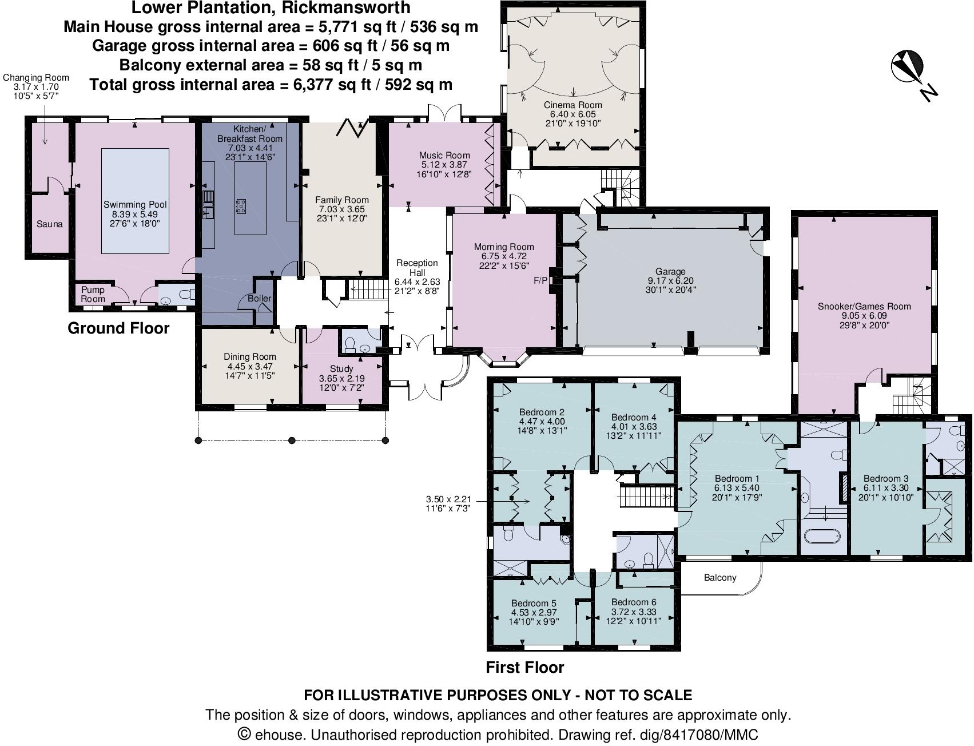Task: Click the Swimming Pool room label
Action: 135,205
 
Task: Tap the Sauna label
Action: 49,224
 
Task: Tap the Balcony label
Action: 719,578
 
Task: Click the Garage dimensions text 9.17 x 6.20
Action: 670,281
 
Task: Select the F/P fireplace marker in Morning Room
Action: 540,281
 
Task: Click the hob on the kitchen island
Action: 241,207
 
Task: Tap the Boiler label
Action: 259,298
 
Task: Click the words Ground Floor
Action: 118,328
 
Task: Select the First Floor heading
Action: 524,668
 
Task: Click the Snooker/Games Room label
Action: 864,307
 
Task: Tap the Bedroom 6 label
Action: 633,602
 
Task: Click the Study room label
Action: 341,369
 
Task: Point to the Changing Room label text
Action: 36,78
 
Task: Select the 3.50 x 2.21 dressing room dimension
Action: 448,499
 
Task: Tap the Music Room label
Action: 444,155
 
